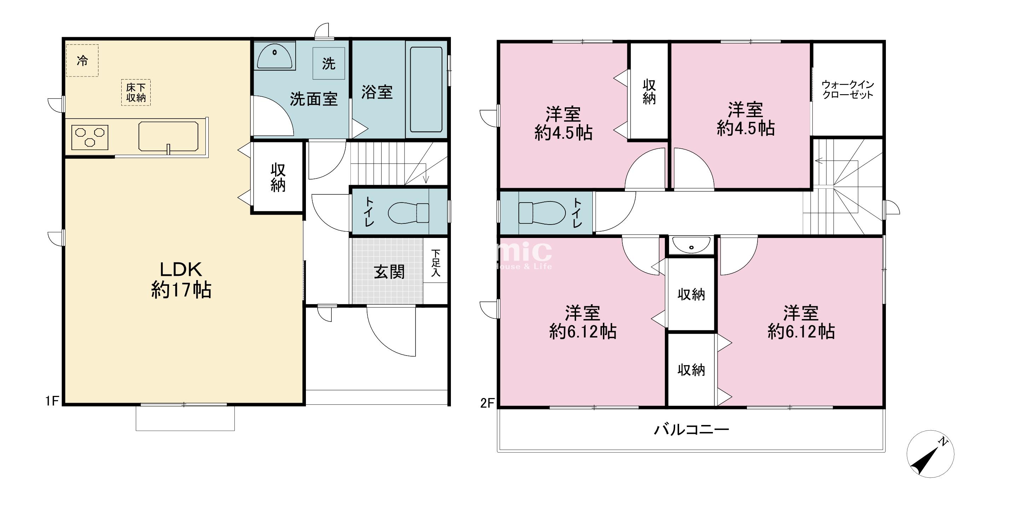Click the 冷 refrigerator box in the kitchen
(82, 61)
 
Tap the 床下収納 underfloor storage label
(136, 93)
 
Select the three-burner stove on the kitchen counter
(90, 137)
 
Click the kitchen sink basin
(168, 137)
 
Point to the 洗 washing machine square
(329, 63)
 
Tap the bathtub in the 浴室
(426, 90)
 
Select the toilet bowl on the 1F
(408, 213)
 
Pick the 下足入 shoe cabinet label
(436, 263)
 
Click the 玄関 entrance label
(389, 272)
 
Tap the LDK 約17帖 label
(181, 280)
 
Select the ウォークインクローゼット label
(848, 90)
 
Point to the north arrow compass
(930, 454)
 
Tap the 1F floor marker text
(52, 401)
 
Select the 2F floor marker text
(487, 403)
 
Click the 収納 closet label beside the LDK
(278, 177)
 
